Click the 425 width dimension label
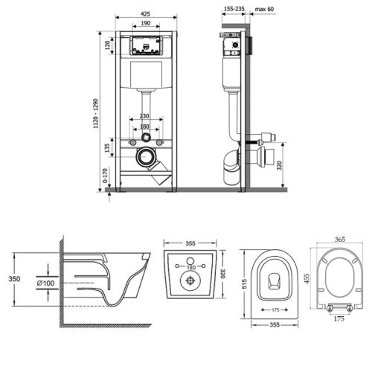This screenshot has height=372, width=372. point(145,14)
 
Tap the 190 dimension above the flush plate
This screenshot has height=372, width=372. point(146,23)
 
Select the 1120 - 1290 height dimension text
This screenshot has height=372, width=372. point(96,113)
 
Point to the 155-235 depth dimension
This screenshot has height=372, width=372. point(234,9)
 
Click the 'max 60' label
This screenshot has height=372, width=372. point(264,9)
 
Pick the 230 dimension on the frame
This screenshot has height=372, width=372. point(144,116)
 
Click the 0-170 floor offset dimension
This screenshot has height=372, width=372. point(105,176)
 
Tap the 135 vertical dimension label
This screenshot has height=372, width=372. point(107,148)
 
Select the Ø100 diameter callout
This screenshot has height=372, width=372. point(45,283)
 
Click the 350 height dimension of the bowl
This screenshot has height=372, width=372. point(14,279)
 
